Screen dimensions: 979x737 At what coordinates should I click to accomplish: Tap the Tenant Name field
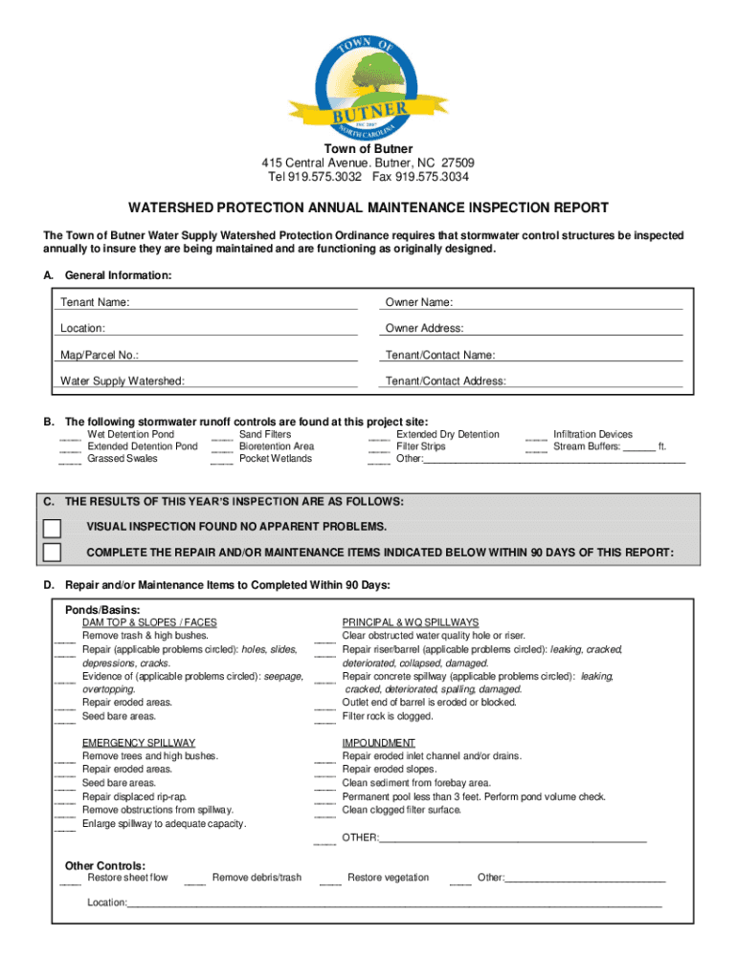(243, 303)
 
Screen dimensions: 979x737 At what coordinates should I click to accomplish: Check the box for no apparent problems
(52, 528)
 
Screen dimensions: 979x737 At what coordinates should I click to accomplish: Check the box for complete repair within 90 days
(52, 553)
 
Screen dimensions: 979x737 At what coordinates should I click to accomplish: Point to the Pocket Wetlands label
(275, 459)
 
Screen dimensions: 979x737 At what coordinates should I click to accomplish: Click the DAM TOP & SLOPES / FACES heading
(148, 622)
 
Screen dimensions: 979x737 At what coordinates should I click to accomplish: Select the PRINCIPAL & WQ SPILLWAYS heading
(410, 622)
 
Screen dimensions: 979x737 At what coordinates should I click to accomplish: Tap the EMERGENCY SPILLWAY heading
(138, 743)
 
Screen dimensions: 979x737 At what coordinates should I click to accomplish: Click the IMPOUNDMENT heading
(378, 743)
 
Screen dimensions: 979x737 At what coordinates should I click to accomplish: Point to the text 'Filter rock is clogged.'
(388, 716)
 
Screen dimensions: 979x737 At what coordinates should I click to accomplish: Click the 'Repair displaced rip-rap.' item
(134, 796)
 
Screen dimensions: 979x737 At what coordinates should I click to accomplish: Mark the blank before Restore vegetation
(330, 881)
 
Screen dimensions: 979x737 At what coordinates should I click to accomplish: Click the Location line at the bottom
(392, 902)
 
